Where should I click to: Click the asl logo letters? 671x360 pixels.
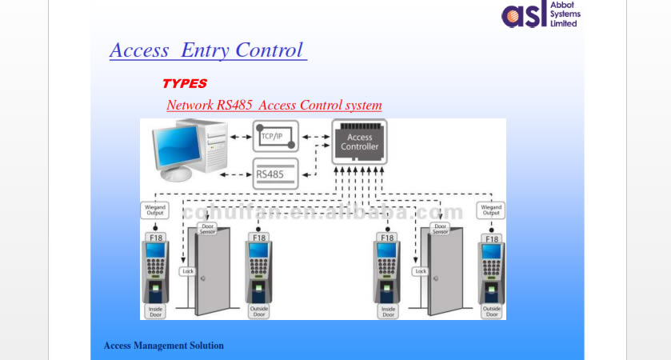tap(524, 14)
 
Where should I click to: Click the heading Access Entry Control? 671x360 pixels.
tap(207, 50)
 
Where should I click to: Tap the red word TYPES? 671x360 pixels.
tap(184, 83)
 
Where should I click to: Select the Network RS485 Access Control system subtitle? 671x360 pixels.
tap(274, 105)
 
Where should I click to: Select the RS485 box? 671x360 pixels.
tap(274, 173)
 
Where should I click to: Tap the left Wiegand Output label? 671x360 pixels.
tap(154, 210)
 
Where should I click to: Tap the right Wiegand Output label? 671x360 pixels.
tap(491, 210)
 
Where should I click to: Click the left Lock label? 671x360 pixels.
tap(188, 271)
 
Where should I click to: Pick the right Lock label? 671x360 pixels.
tap(421, 271)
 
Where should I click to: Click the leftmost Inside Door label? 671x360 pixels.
tap(155, 311)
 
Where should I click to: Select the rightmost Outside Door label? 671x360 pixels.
tap(492, 311)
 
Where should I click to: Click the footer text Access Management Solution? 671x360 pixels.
tap(163, 346)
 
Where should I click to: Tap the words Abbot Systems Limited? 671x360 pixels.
tap(565, 14)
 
